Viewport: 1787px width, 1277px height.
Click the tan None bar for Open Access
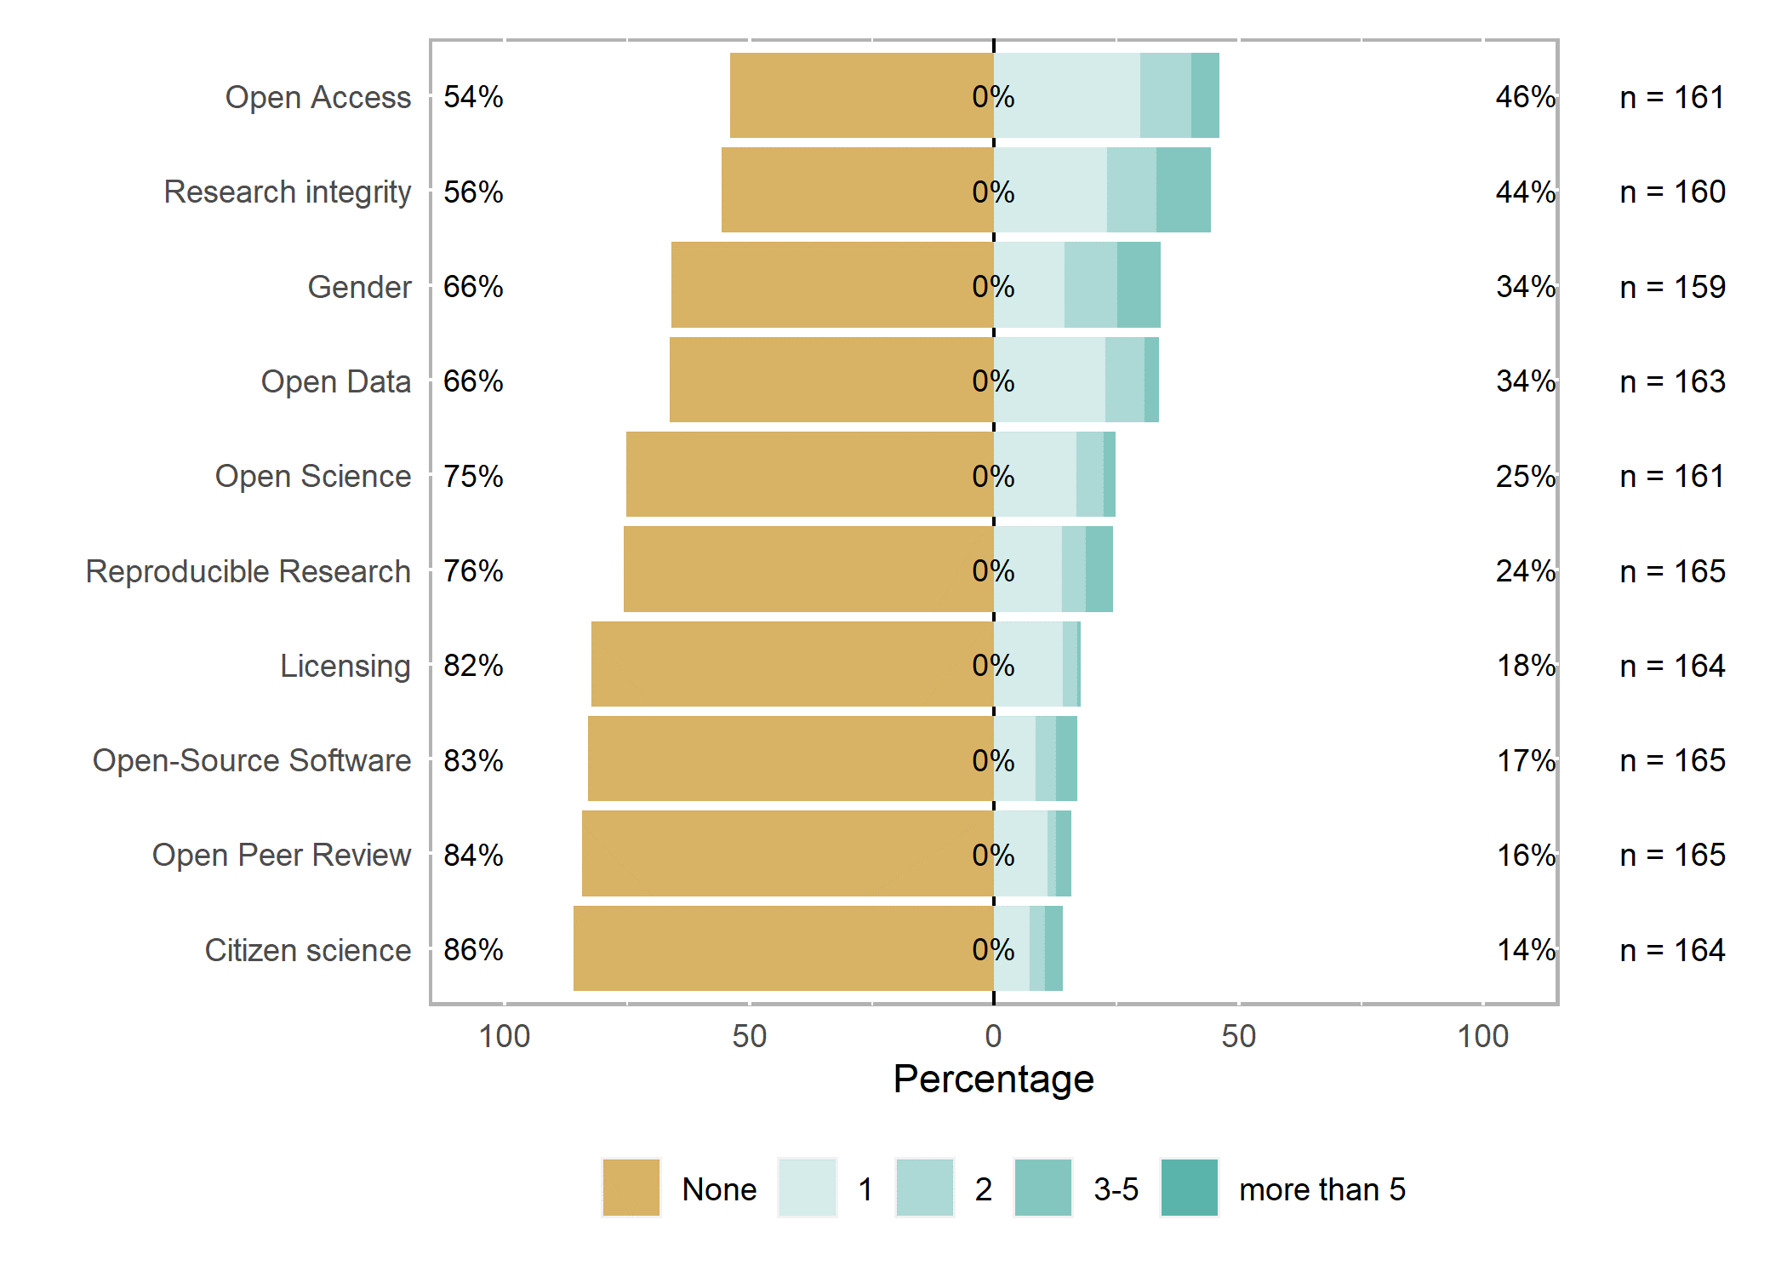pos(861,95)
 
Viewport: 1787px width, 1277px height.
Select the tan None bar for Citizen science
pos(784,948)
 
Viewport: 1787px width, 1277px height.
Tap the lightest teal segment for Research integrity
pos(1050,190)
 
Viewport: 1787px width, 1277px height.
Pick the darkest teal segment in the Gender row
pos(1139,284)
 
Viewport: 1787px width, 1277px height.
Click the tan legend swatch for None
pos(631,1188)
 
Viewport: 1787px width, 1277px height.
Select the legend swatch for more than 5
pos(1190,1188)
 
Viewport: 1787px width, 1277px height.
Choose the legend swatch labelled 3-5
pos(1043,1188)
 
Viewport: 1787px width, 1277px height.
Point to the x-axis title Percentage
pos(993,1079)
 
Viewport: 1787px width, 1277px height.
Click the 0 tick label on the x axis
pos(993,1036)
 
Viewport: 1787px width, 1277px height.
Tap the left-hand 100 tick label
pos(505,1036)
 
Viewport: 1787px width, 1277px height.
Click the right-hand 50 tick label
pos(1238,1036)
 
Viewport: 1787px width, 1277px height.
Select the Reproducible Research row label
pos(248,571)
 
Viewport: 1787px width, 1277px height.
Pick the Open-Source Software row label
pos(252,760)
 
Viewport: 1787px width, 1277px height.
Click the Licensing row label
pos(345,666)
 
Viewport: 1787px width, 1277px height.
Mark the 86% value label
pos(473,949)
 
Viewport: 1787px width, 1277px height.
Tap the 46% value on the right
pos(1526,96)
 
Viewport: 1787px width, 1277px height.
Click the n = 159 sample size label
pos(1672,287)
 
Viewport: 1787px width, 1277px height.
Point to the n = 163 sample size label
pos(1672,381)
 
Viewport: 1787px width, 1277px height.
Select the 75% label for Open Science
pos(473,476)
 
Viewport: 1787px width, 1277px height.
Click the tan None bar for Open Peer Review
pos(788,853)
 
